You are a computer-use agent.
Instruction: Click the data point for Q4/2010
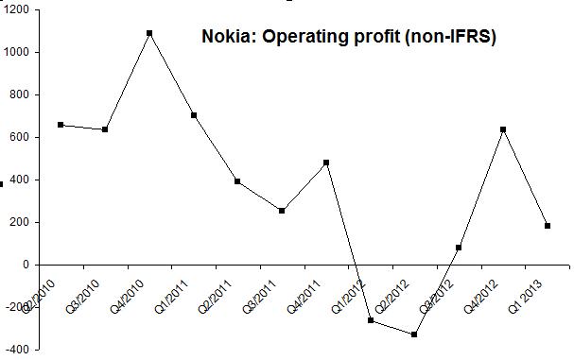[x=149, y=33]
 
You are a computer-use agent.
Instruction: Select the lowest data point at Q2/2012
[x=414, y=334]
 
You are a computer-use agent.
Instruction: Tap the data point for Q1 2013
[x=548, y=226]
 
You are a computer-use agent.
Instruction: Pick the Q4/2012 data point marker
[x=503, y=129]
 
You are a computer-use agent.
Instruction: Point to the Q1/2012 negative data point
[x=371, y=320]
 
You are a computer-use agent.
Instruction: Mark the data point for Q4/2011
[x=326, y=163]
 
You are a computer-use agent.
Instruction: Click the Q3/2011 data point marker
[x=282, y=211]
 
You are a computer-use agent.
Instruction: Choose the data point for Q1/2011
[x=194, y=115]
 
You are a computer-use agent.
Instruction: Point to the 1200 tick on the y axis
[x=16, y=9]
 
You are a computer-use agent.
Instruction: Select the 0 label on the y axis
[x=25, y=266]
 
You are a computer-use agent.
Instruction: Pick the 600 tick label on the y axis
[x=19, y=138]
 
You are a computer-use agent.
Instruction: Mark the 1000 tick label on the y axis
[x=16, y=53]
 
